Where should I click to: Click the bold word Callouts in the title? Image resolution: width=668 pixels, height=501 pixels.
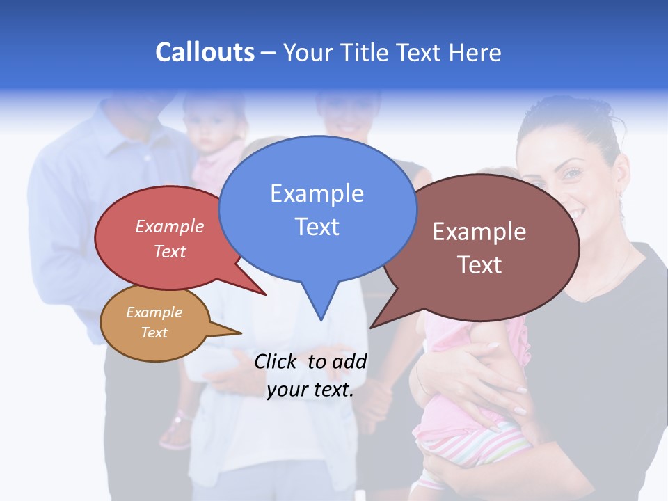205,52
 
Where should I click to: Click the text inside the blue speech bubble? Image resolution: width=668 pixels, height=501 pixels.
317,209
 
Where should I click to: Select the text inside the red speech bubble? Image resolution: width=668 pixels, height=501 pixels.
169,239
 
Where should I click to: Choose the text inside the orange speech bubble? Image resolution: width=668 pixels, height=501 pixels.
154,322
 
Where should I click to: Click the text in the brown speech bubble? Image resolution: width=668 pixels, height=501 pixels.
479,248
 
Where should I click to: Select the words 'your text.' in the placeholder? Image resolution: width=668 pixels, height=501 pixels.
310,390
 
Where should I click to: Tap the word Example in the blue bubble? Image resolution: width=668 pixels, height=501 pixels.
317,193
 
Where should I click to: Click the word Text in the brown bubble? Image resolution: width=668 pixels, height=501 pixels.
479,265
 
